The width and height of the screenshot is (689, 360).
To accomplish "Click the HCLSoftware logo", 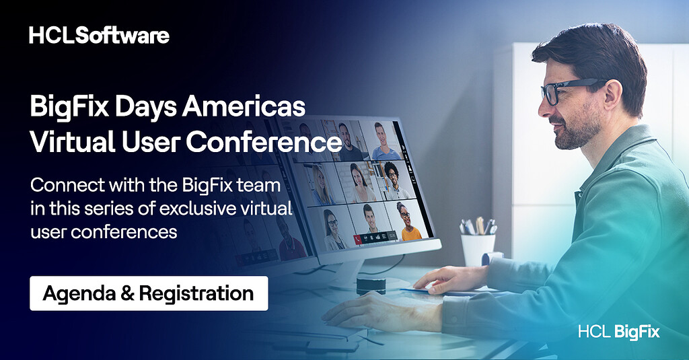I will (x=99, y=35).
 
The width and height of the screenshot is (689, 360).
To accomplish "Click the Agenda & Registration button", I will (x=149, y=293).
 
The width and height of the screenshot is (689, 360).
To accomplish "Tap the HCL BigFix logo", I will (x=618, y=332).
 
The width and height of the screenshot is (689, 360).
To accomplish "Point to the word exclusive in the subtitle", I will (x=194, y=209).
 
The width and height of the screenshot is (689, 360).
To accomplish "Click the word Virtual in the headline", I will (x=71, y=142).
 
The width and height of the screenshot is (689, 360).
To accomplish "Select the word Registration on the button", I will (x=205, y=293).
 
